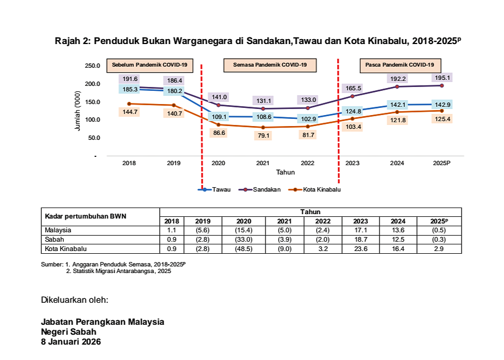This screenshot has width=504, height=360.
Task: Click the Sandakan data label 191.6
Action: pyautogui.click(x=130, y=79)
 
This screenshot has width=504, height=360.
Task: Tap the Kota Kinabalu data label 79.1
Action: pyautogui.click(x=263, y=136)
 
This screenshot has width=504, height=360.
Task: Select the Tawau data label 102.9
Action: pyautogui.click(x=306, y=119)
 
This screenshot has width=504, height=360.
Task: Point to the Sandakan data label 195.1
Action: pyautogui.click(x=442, y=78)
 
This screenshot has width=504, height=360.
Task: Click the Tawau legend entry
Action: pyautogui.click(x=214, y=189)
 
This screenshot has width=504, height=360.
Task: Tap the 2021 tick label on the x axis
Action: pyautogui.click(x=263, y=163)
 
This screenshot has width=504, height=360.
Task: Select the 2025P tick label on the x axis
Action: pyautogui.click(x=442, y=163)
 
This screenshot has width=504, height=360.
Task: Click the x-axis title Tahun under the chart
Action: pyautogui.click(x=285, y=172)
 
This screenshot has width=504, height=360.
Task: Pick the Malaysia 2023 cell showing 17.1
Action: pyautogui.click(x=353, y=230)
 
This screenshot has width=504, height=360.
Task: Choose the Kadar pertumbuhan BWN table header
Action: pyautogui.click(x=85, y=216)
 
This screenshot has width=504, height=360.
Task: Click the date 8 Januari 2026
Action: pyautogui.click(x=71, y=341)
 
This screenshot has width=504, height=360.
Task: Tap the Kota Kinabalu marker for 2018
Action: pyautogui.click(x=129, y=103)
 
